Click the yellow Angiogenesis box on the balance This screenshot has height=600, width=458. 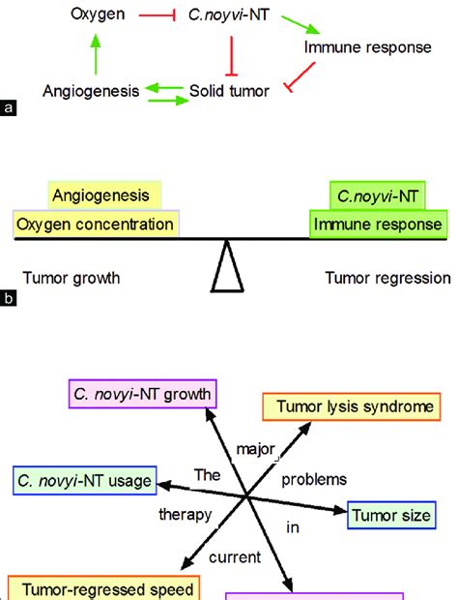tap(105, 195)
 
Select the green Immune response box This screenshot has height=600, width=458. tap(380, 225)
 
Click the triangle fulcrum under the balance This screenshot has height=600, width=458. tap(229, 267)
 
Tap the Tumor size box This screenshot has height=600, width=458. tap(390, 516)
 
